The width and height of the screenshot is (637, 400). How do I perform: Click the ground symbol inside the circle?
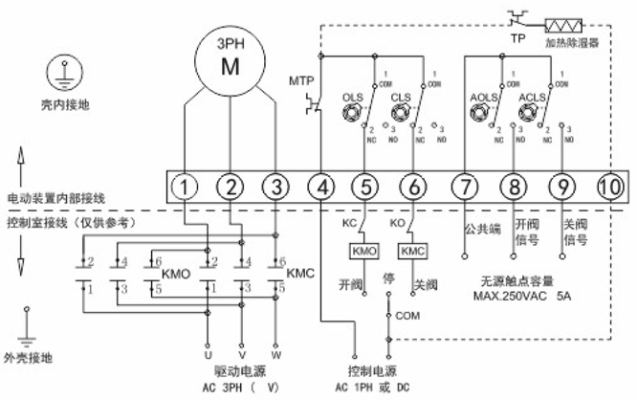(x=65, y=73)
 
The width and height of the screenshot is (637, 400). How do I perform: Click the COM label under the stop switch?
(x=408, y=313)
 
